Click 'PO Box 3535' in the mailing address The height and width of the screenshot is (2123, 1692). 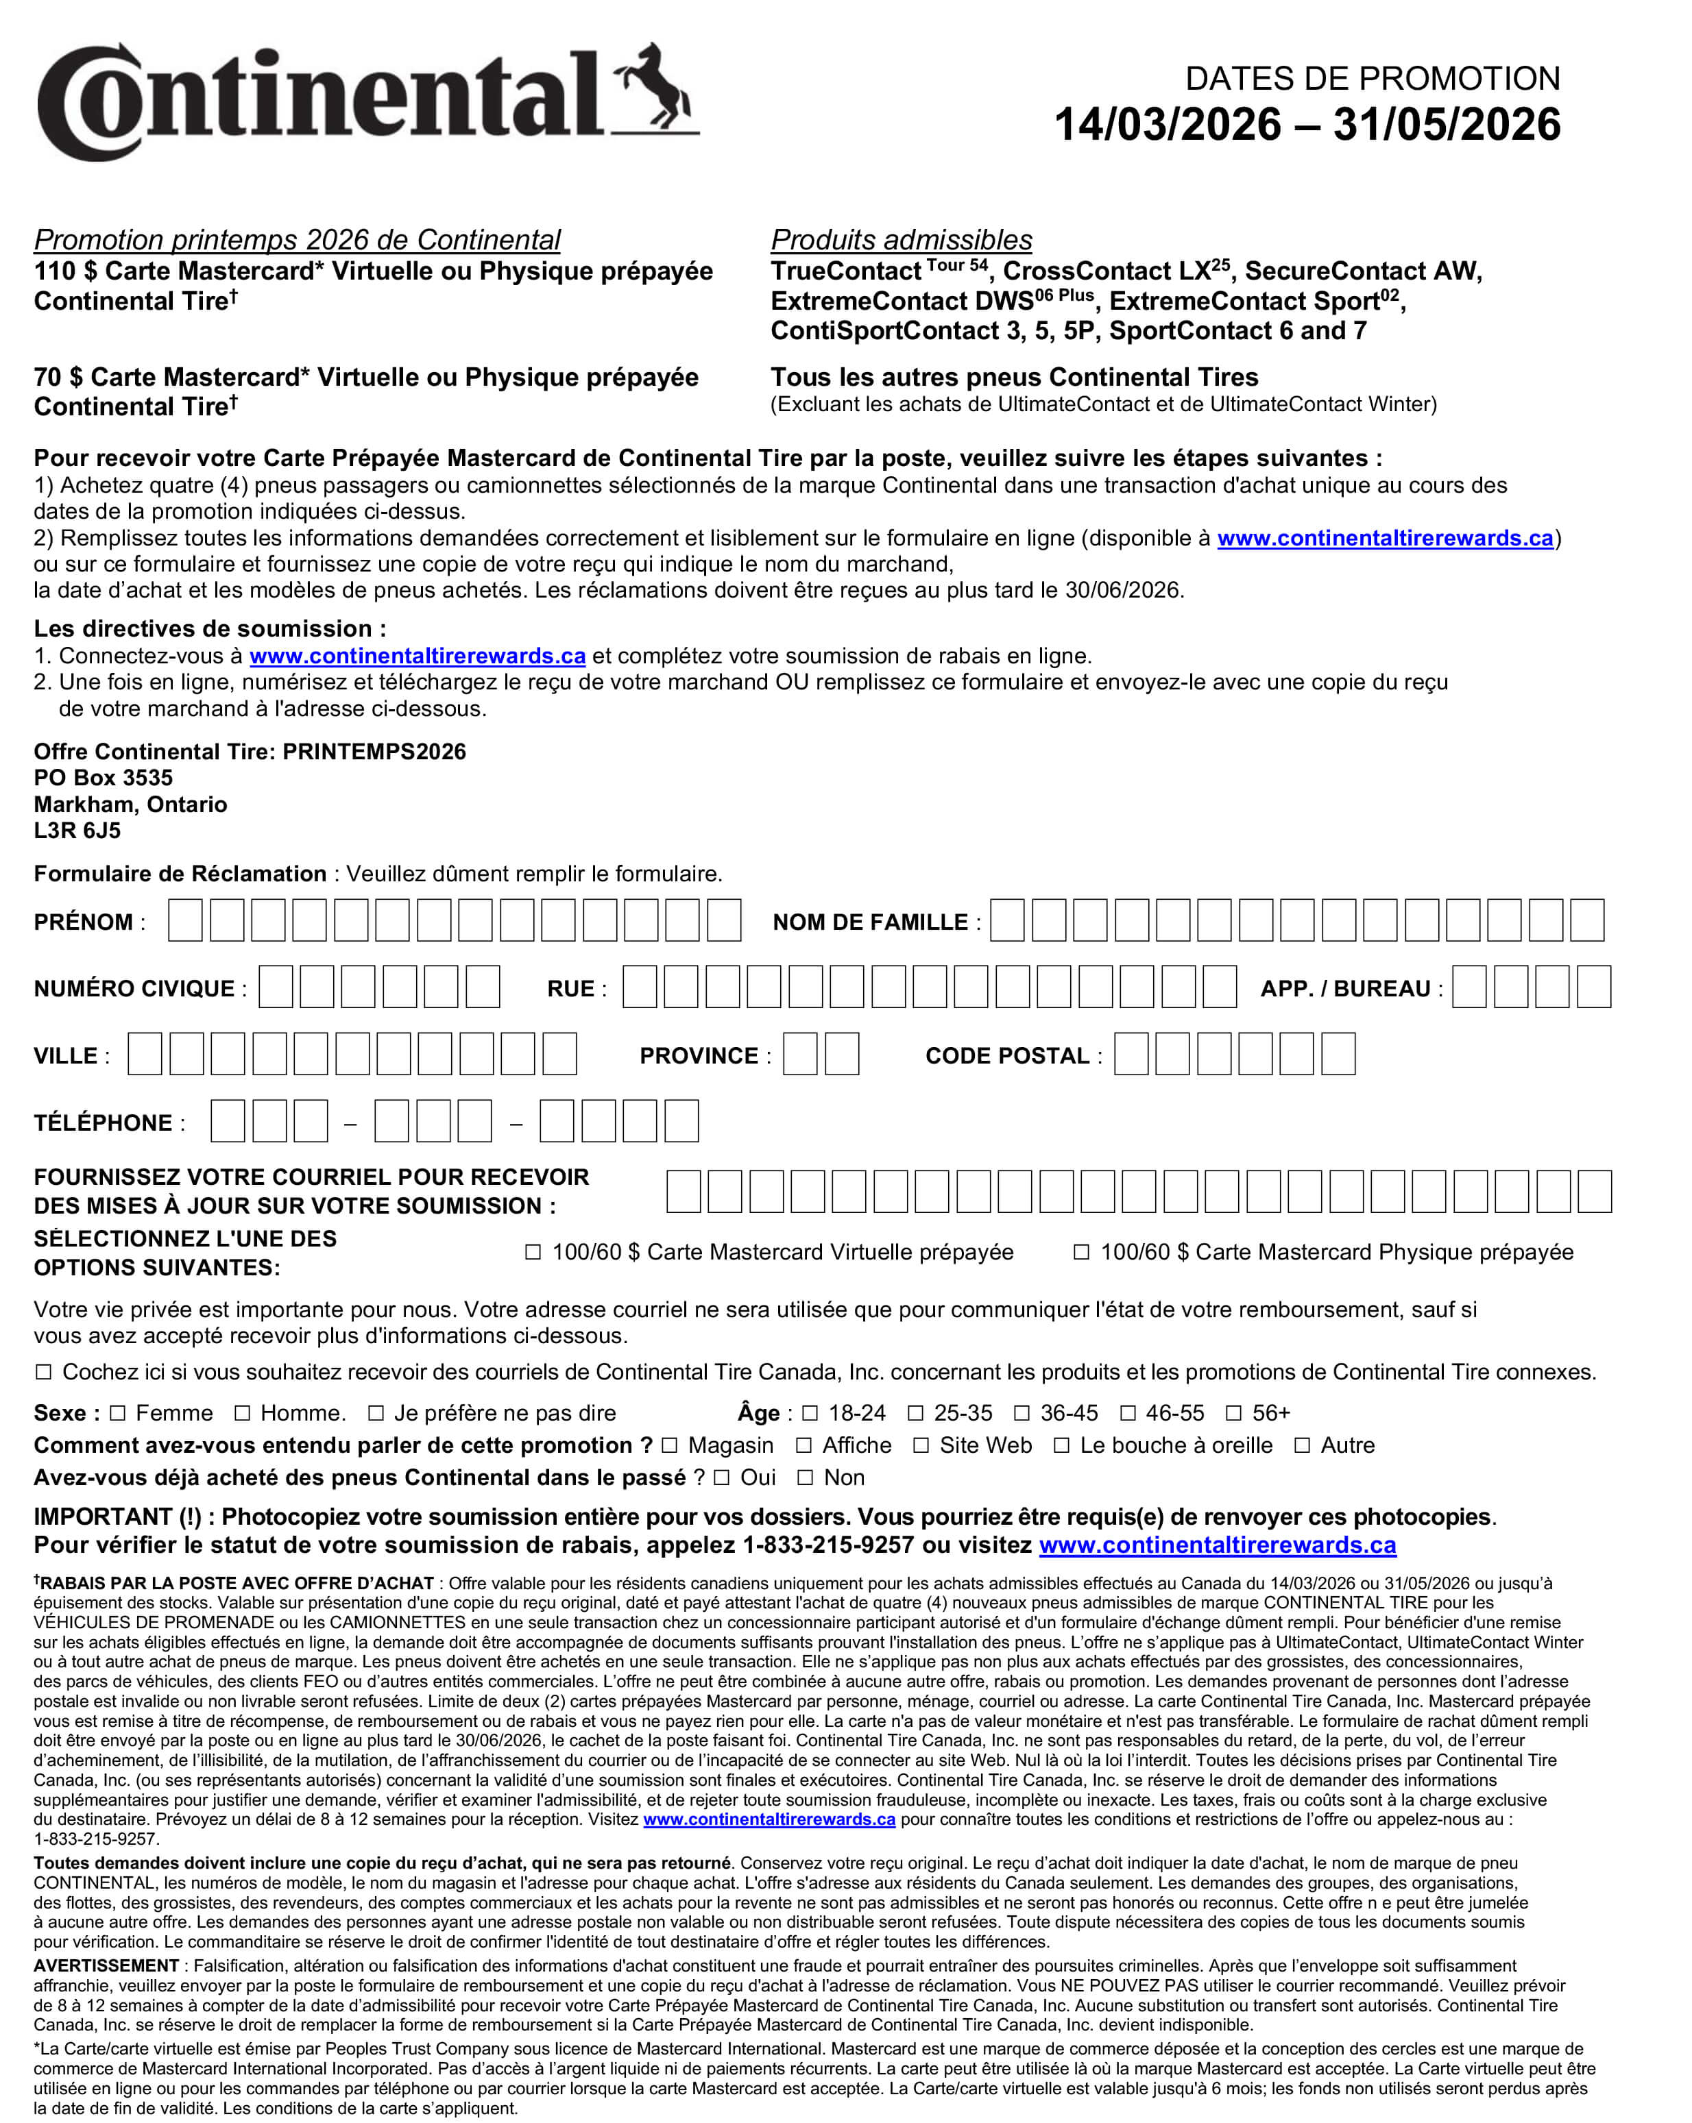[104, 778]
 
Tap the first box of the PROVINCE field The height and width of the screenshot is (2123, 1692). [799, 1054]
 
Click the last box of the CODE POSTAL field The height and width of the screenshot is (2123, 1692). [1338, 1054]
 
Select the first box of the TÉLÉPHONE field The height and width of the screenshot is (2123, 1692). [228, 1120]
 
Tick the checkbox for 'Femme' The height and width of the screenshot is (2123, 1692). [118, 1413]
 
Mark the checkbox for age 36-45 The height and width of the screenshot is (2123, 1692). [1022, 1413]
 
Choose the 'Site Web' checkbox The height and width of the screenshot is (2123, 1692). [921, 1445]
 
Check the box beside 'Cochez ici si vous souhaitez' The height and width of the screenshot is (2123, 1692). [43, 1372]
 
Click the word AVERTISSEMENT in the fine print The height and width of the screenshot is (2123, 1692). [106, 1965]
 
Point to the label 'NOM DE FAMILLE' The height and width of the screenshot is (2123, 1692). [869, 922]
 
